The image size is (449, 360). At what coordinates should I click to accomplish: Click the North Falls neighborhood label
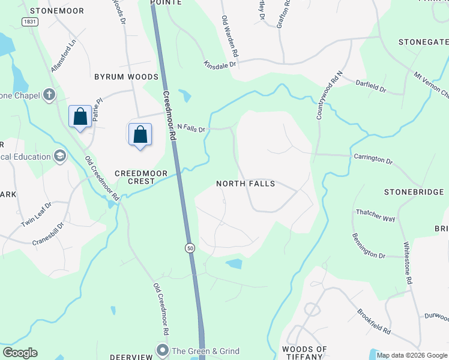click(x=245, y=184)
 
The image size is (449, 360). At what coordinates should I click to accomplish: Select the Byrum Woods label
click(x=126, y=77)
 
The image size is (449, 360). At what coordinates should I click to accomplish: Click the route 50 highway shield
click(x=190, y=248)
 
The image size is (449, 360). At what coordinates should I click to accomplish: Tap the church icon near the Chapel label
click(x=49, y=95)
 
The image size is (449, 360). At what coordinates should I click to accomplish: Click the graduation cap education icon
click(x=59, y=157)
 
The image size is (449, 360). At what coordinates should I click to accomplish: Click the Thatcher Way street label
click(x=376, y=216)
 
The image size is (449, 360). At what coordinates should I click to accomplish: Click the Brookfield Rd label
click(x=373, y=322)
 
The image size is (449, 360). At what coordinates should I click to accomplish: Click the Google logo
click(x=20, y=353)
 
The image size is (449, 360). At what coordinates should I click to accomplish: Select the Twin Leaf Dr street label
click(x=37, y=215)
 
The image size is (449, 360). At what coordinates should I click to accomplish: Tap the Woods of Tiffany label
click(x=304, y=353)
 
